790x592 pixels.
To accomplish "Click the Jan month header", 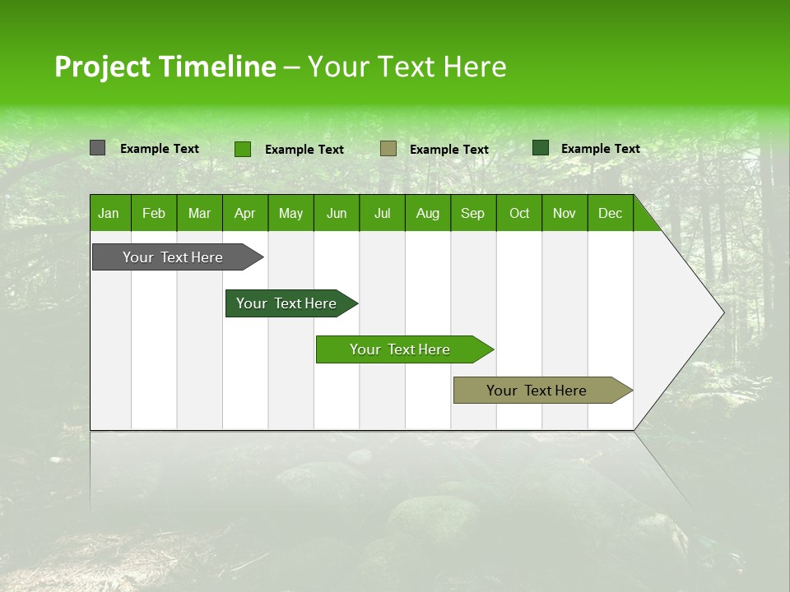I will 109,213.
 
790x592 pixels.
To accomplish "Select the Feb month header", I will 154,213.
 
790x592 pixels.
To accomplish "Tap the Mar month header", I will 199,213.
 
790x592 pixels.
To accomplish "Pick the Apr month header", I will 245,213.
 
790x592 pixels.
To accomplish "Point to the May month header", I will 290,213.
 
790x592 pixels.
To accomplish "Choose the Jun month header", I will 337,213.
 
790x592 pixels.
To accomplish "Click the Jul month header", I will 382,213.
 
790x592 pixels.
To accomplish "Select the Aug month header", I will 428,213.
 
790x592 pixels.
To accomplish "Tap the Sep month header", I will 473,213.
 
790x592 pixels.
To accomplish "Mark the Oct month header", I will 519,213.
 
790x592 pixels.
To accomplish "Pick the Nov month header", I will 565,213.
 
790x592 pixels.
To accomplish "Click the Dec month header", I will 611,213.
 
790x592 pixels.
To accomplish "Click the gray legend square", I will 97,148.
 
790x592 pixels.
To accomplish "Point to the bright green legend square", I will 242,149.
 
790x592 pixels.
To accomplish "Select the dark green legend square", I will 540,148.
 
